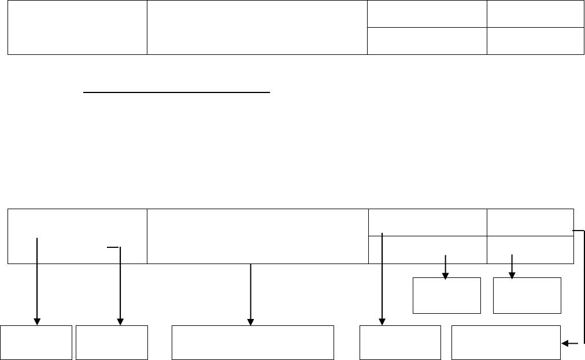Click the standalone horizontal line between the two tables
click(x=177, y=91)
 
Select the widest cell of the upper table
click(x=257, y=28)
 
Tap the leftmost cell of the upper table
click(x=77, y=28)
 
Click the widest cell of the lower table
click(x=257, y=236)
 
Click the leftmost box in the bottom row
click(x=36, y=343)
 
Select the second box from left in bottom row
click(x=112, y=343)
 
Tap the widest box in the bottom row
click(x=253, y=343)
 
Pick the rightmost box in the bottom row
click(x=505, y=343)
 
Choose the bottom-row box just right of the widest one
click(x=400, y=343)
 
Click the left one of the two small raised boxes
click(x=446, y=295)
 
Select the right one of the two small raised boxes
click(x=527, y=295)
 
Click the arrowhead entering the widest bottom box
click(x=250, y=321)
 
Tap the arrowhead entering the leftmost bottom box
click(x=38, y=321)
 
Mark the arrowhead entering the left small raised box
click(x=445, y=276)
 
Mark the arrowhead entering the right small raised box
click(x=512, y=276)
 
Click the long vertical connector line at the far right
click(x=584, y=286)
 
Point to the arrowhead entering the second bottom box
click(x=120, y=321)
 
